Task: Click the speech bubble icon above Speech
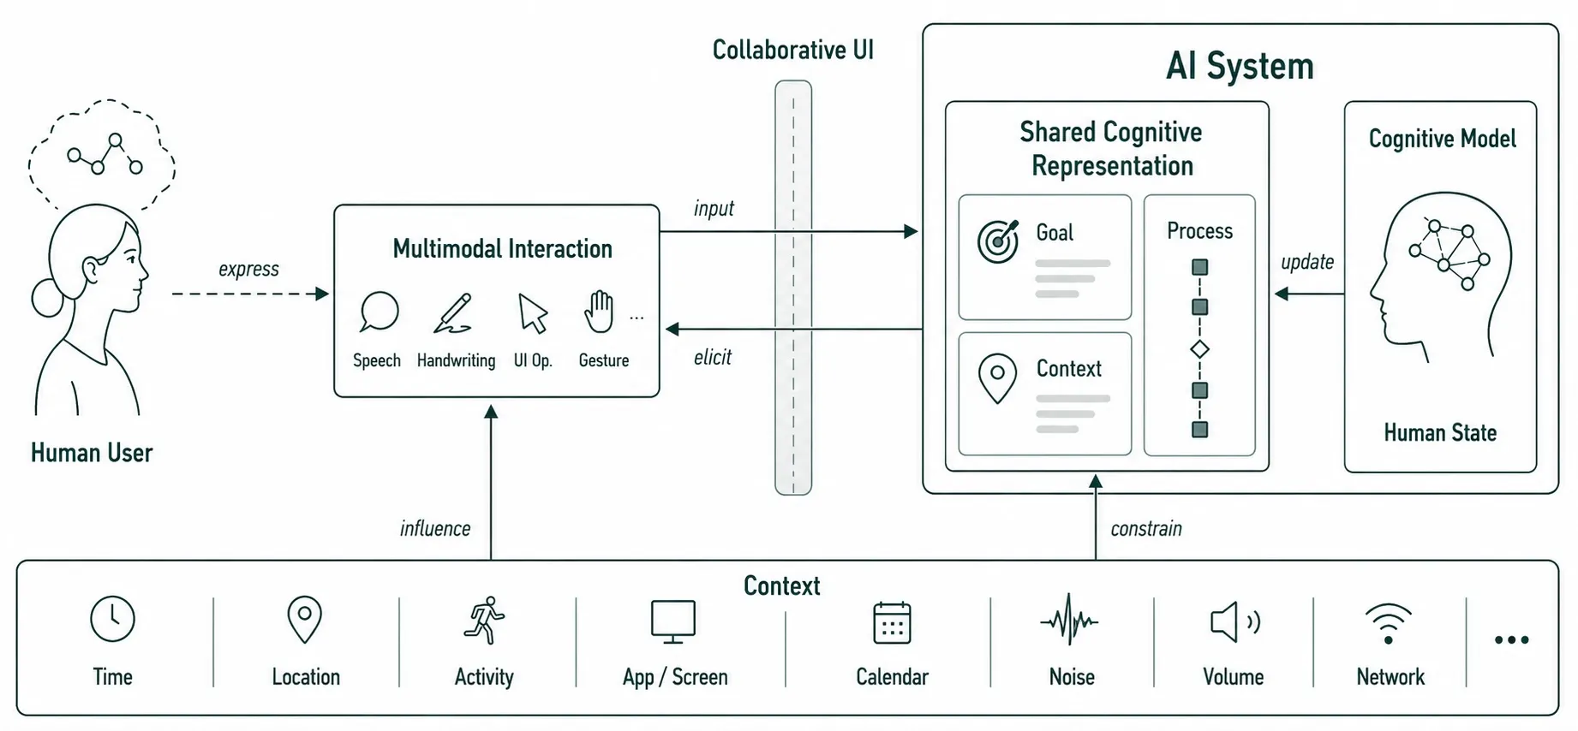379,312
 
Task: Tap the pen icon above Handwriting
453,313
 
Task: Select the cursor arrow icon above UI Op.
533,313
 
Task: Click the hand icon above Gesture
599,312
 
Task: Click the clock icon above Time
113,619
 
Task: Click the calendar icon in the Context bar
892,622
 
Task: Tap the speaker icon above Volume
1234,621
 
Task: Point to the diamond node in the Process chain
1200,349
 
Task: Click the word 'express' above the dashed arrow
248,269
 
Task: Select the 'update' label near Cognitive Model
1307,262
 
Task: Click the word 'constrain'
1146,529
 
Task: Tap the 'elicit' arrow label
713,357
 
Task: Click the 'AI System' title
1240,66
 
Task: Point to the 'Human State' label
1440,433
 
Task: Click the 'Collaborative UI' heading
793,50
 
